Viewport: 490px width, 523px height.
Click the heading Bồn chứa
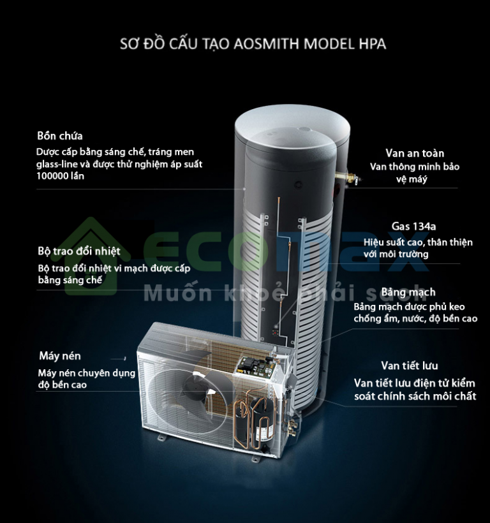point(60,136)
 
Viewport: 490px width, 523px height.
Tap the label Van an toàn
point(414,153)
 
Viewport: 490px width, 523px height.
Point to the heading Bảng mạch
point(408,291)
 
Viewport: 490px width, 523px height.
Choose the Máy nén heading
point(60,356)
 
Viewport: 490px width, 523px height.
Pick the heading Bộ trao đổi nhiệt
point(79,251)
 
